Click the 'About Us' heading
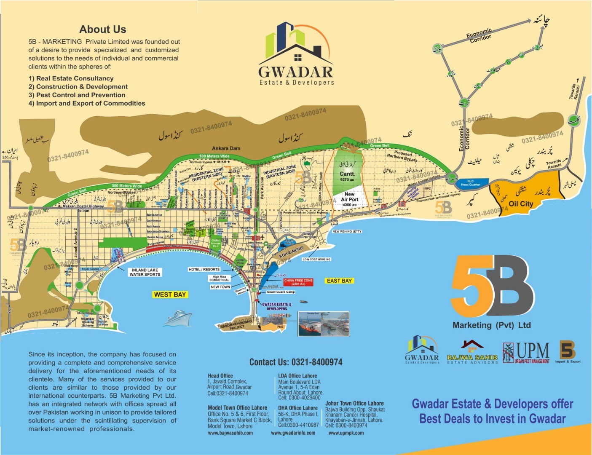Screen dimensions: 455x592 point(103,29)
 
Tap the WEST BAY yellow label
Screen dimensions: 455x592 point(170,294)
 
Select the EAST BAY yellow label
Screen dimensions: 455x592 point(339,281)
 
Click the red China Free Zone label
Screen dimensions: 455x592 point(298,282)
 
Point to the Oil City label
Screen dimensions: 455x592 point(521,204)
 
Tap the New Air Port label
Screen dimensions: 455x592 point(350,199)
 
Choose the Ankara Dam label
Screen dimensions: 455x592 point(226,148)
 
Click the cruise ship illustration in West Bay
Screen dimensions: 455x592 point(177,318)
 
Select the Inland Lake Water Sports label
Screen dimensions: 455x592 point(145,272)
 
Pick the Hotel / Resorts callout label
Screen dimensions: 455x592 point(204,269)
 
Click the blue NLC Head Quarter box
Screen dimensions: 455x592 point(471,183)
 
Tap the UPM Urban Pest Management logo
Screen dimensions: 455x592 point(526,352)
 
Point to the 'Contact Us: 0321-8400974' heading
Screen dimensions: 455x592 point(296,362)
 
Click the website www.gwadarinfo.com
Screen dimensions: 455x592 point(293,433)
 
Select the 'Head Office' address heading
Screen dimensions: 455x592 point(220,376)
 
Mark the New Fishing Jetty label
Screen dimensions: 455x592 point(347,231)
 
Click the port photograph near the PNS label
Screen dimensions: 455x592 point(323,324)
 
